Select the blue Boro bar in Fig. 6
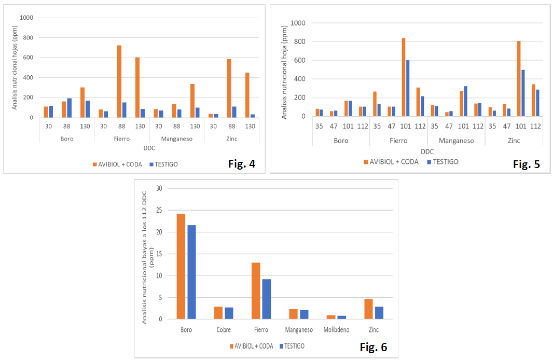point(191,272)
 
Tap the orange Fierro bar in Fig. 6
point(256,290)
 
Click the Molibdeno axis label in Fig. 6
point(337,329)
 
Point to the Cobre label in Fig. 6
point(224,329)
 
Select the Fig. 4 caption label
point(242,164)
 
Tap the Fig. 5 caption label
point(527,164)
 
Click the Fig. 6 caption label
point(374,347)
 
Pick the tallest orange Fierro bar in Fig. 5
point(404,77)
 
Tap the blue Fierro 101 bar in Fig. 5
point(408,88)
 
